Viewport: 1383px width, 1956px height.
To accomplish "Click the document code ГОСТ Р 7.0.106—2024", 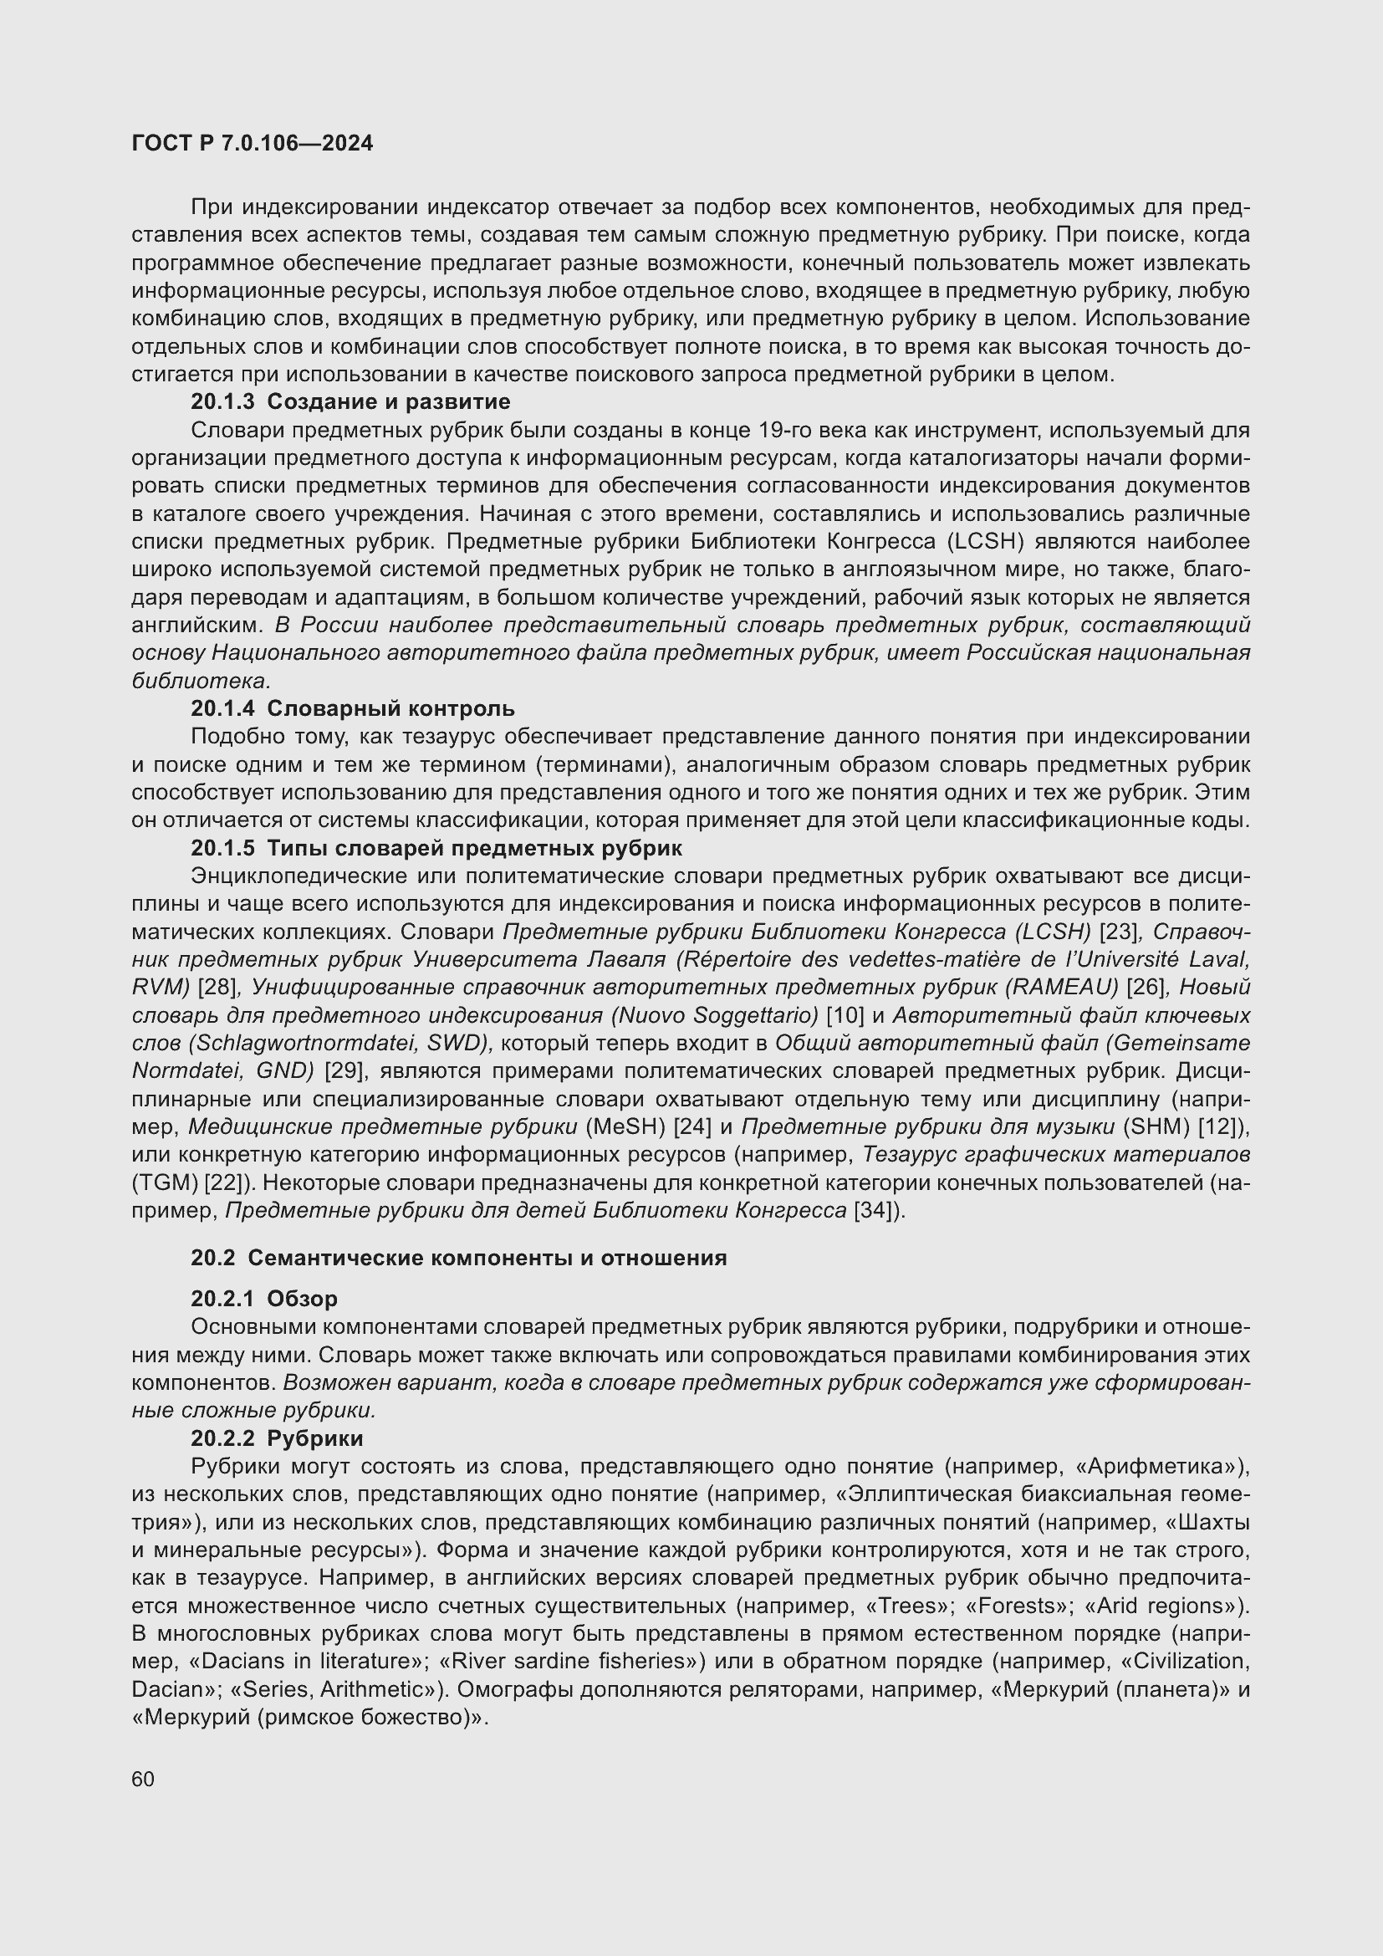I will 252,143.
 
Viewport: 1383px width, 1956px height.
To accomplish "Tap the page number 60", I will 143,1779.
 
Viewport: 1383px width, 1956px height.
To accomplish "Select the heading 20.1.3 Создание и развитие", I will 350,401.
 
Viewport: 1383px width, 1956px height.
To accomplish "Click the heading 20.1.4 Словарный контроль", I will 353,709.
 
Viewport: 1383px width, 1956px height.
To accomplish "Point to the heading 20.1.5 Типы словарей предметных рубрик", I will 436,849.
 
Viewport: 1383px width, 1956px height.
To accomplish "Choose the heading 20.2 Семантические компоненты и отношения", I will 458,1259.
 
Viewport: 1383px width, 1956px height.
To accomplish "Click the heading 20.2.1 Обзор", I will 264,1300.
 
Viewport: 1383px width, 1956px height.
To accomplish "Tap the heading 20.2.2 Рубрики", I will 277,1439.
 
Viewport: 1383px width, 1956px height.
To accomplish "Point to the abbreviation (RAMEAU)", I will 1061,988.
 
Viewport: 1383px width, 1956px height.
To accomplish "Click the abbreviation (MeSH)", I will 626,1127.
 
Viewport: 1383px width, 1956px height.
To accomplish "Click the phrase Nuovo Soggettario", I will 714,1015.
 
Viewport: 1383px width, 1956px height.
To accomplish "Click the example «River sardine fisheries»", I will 575,1662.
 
